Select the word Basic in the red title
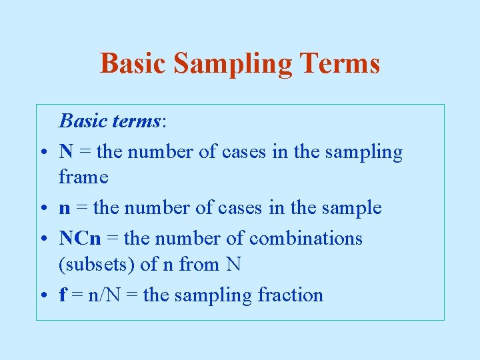133,63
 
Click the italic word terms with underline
136,121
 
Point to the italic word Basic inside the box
82,121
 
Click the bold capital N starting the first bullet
66,152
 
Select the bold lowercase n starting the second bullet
64,209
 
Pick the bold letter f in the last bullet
63,295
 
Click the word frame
83,177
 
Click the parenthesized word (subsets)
96,265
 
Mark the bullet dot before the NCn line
42,239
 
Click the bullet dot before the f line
42,295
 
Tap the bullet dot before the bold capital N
42,153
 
